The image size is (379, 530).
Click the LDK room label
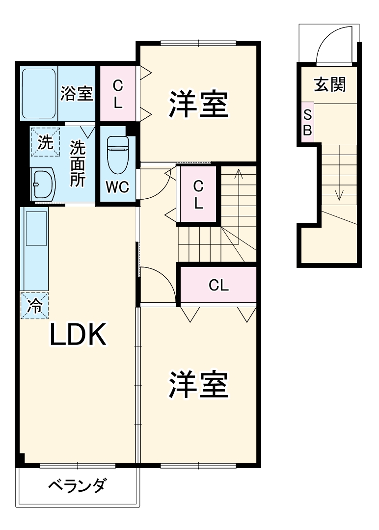78,336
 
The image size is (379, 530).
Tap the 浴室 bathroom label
77,94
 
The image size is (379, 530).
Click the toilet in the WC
118,154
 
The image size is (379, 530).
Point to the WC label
118,187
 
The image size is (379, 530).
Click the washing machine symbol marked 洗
45,142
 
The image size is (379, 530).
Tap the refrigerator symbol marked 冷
34,305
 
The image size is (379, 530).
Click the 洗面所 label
77,163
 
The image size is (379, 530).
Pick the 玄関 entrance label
330,84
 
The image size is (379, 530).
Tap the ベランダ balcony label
77,486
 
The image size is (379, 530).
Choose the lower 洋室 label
199,385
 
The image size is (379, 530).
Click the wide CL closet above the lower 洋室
218,286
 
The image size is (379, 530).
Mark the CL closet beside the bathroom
118,94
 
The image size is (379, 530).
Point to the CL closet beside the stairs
198,195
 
